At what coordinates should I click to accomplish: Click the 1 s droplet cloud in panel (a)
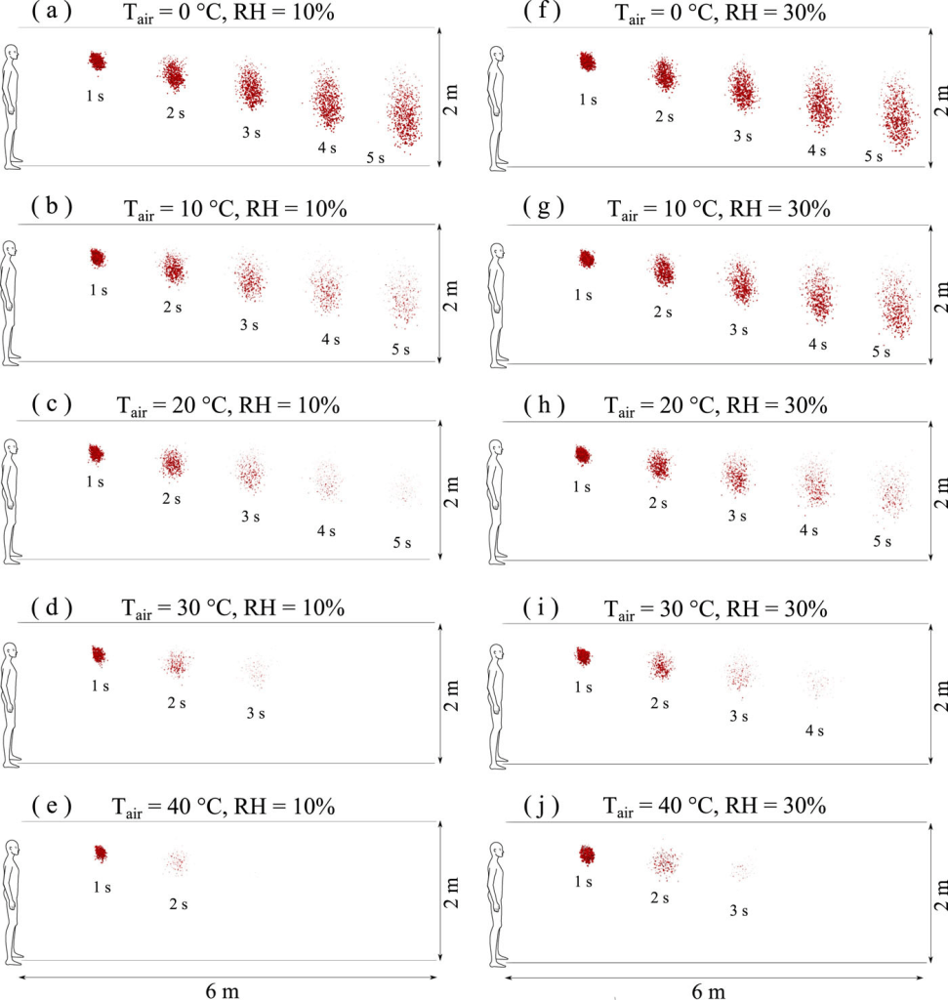tap(97, 61)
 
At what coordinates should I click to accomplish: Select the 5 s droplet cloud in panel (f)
tap(898, 117)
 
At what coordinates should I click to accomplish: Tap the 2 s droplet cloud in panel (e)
tap(177, 862)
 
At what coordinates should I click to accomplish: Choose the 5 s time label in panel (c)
tap(401, 542)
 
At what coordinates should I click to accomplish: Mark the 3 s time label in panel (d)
tap(256, 713)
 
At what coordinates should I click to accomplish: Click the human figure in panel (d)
tap(12, 702)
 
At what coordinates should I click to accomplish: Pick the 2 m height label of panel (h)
tap(939, 491)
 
